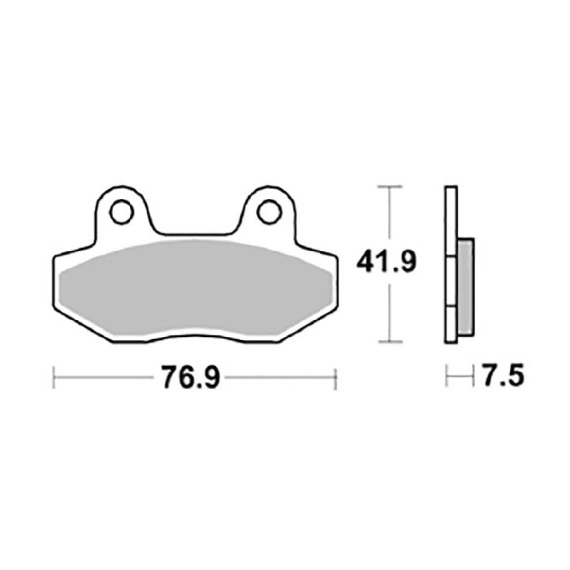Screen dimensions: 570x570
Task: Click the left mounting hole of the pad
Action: pyautogui.click(x=121, y=212)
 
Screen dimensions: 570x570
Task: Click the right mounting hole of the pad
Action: pyautogui.click(x=268, y=212)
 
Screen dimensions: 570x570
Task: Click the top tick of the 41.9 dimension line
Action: pyautogui.click(x=390, y=187)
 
